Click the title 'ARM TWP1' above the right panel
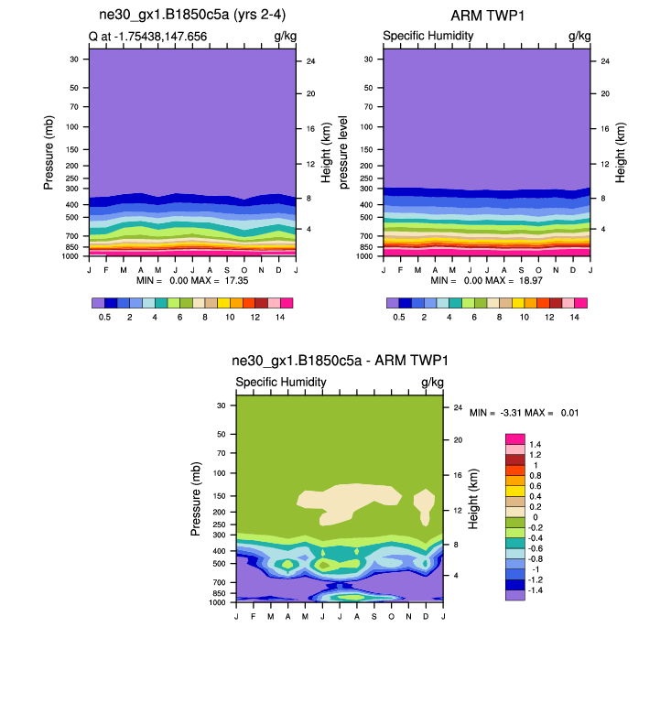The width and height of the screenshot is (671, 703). [486, 16]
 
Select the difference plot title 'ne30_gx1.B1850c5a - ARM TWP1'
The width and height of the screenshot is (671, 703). [340, 362]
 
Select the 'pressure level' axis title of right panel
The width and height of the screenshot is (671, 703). [345, 152]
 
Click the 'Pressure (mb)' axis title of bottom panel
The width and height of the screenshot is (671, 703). [197, 499]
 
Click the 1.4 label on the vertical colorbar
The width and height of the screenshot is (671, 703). [535, 444]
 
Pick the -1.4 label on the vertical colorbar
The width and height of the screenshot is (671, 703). [536, 593]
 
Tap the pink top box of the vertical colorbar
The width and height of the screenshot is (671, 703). [515, 439]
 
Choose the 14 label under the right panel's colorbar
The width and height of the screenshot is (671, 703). [574, 316]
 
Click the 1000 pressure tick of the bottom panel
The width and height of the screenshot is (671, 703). [218, 602]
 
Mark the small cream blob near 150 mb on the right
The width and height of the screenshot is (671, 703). [423, 503]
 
